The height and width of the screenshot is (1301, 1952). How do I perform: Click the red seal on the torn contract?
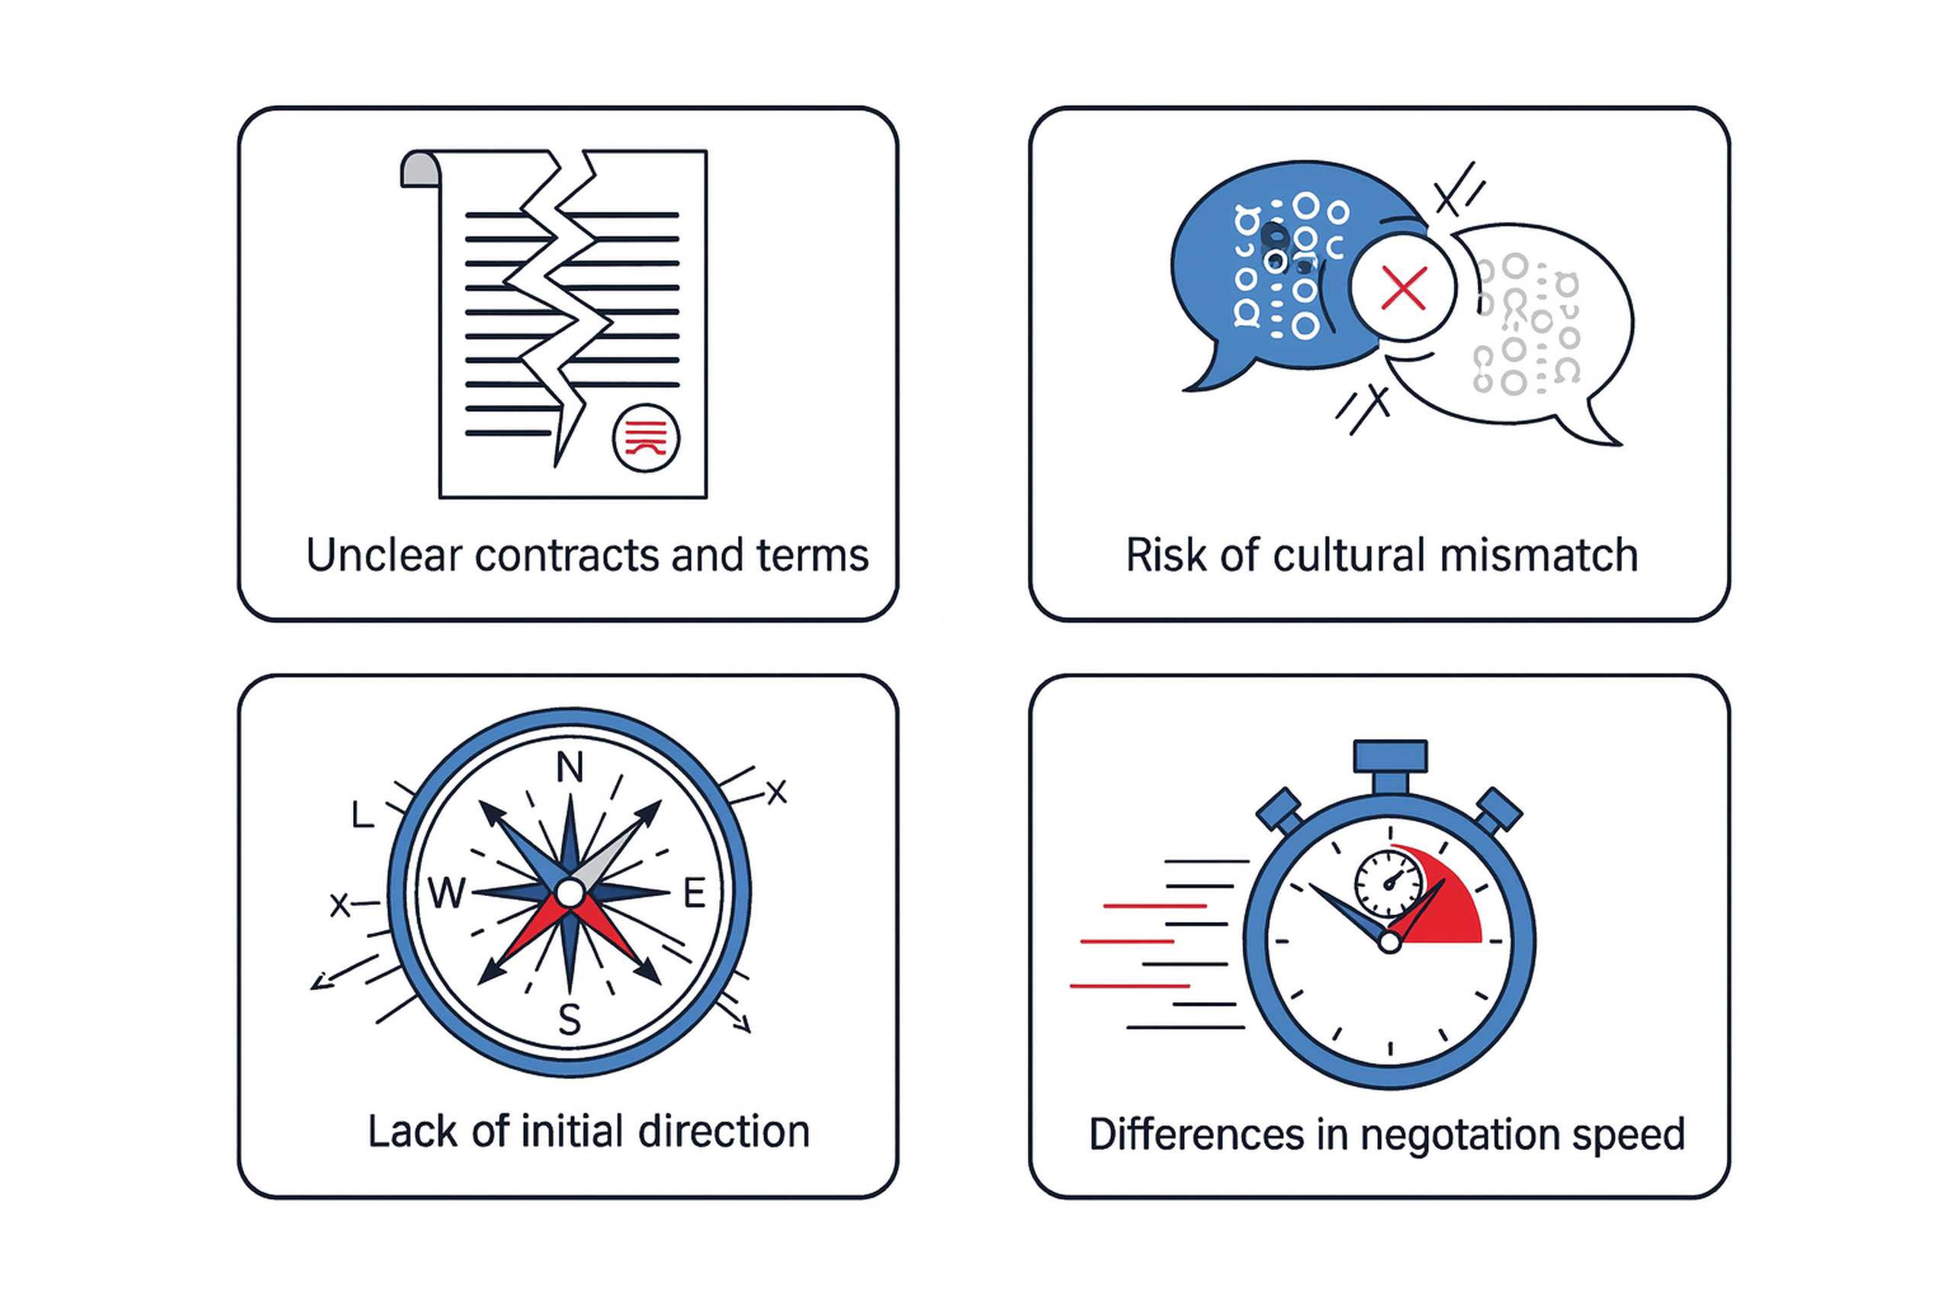coord(645,438)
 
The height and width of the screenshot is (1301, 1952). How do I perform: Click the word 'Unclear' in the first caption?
coord(384,555)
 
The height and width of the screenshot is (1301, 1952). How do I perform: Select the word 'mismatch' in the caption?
coord(1539,555)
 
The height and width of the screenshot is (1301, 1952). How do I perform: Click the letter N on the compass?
coord(569,767)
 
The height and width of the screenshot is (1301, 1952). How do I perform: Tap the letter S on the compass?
coord(569,1020)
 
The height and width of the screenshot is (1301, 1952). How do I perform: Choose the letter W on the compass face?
coord(447,894)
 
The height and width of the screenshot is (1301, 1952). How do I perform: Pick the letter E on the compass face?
coord(694,894)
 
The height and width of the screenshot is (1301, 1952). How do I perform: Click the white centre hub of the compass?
coord(569,894)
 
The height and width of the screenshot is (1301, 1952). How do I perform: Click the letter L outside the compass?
coord(362,817)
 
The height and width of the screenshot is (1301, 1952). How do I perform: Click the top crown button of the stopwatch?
coord(1390,755)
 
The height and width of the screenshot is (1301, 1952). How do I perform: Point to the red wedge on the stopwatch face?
coord(1448,908)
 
